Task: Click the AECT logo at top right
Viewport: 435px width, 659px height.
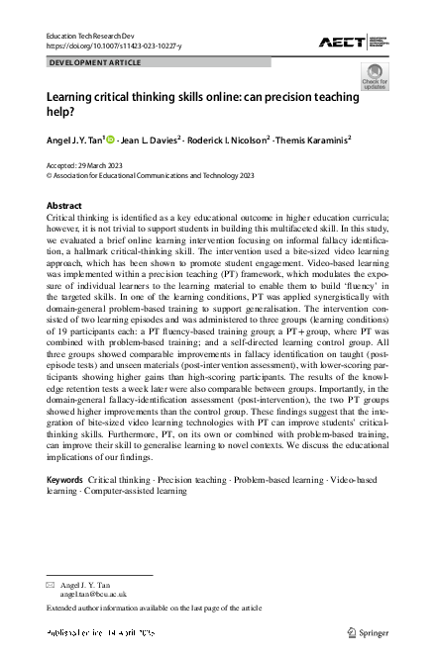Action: click(x=353, y=41)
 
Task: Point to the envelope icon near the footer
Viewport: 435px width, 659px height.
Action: click(x=52, y=586)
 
